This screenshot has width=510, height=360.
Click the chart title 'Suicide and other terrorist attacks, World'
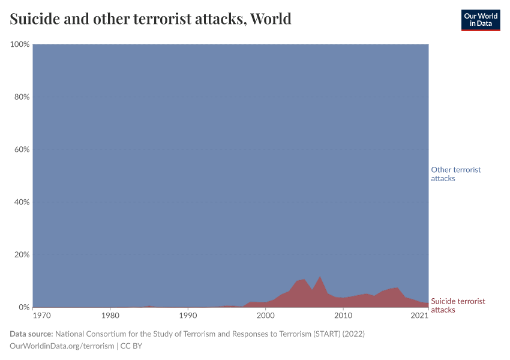pyautogui.click(x=151, y=19)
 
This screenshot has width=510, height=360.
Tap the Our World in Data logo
pyautogui.click(x=480, y=20)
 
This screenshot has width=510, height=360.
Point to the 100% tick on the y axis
pyautogui.click(x=20, y=45)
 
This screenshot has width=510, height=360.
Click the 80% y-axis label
pyautogui.click(x=22, y=97)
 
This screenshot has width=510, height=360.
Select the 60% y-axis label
pyautogui.click(x=22, y=149)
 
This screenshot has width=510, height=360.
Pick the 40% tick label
pyautogui.click(x=22, y=202)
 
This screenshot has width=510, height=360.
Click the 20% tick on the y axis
pyautogui.click(x=22, y=254)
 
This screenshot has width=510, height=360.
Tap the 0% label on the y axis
pyautogui.click(x=24, y=307)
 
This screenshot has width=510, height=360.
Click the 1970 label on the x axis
pyautogui.click(x=41, y=315)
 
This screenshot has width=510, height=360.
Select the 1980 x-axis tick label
pyautogui.click(x=110, y=315)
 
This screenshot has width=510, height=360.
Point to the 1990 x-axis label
pyautogui.click(x=188, y=315)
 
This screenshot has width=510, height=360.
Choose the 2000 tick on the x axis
pyautogui.click(x=266, y=315)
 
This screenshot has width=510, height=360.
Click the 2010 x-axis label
pyautogui.click(x=343, y=315)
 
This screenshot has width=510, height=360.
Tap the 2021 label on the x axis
pyautogui.click(x=419, y=315)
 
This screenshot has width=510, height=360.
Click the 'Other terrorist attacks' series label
pyautogui.click(x=455, y=174)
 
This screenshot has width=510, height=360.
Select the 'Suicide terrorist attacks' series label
pyautogui.click(x=458, y=305)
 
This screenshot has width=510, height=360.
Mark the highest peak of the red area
pyautogui.click(x=320, y=277)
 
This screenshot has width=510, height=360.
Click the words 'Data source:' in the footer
pyautogui.click(x=31, y=334)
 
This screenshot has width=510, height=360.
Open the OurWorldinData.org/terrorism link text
pyautogui.click(x=62, y=346)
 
